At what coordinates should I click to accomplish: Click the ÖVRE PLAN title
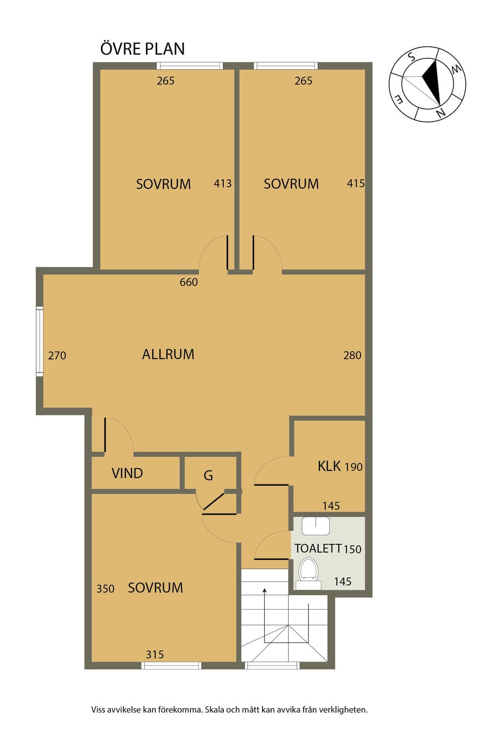click(142, 49)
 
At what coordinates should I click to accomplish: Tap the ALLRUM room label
click(168, 355)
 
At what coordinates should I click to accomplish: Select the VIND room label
click(127, 473)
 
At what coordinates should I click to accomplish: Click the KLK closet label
click(329, 466)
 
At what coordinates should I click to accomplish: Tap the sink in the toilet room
click(316, 526)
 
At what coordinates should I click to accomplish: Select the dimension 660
click(189, 282)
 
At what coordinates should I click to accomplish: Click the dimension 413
click(222, 184)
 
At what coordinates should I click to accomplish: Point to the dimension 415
click(356, 183)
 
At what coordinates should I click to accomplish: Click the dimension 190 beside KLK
click(354, 467)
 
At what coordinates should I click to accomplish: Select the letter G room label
click(208, 476)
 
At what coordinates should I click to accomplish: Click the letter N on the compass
click(440, 114)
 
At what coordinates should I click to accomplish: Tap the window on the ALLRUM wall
click(40, 341)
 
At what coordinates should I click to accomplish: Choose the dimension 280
click(352, 356)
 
